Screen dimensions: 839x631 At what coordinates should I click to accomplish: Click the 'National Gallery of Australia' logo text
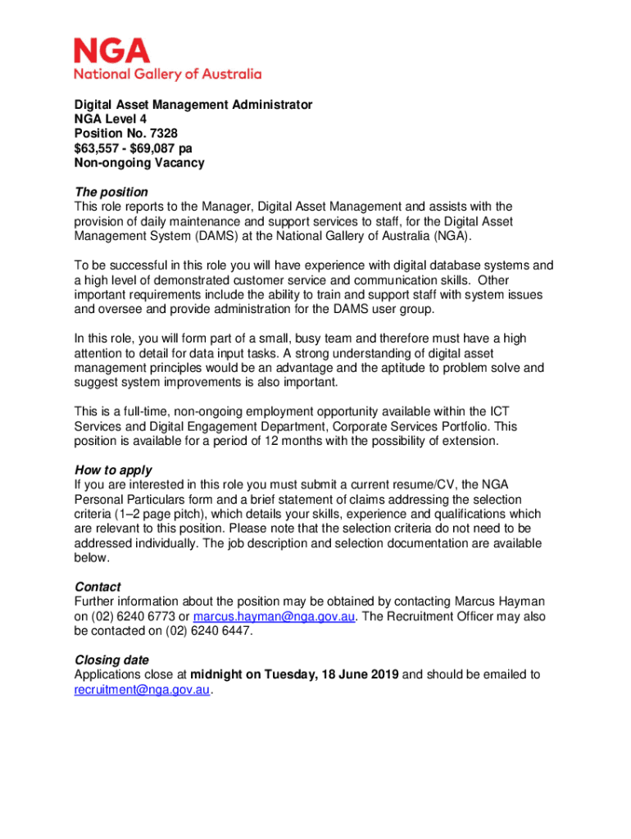168,74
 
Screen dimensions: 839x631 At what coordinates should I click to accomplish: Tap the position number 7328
161,134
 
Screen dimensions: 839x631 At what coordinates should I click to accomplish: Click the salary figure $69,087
159,148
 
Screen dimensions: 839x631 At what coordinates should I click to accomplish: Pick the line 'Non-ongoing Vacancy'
139,163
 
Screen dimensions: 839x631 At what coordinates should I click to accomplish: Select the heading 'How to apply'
113,470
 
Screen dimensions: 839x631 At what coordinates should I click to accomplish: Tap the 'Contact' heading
98,587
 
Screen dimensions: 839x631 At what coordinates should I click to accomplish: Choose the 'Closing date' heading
111,660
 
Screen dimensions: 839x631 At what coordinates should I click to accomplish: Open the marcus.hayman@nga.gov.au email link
274,617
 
